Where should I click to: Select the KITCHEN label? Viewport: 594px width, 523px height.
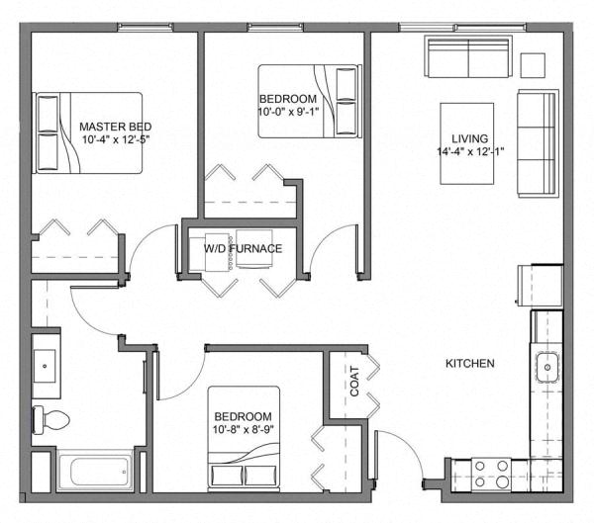(x=469, y=364)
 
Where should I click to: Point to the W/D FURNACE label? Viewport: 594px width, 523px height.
(x=244, y=248)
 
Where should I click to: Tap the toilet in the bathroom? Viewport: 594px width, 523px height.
(x=49, y=419)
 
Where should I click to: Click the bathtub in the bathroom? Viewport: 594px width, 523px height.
(x=96, y=471)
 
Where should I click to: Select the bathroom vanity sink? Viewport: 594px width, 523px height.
(x=47, y=365)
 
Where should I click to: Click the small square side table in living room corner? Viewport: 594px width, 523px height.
(x=534, y=62)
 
